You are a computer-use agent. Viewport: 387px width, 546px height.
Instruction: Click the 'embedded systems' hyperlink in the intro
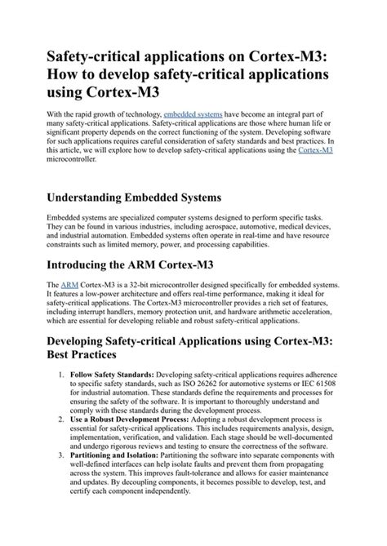click(193, 118)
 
